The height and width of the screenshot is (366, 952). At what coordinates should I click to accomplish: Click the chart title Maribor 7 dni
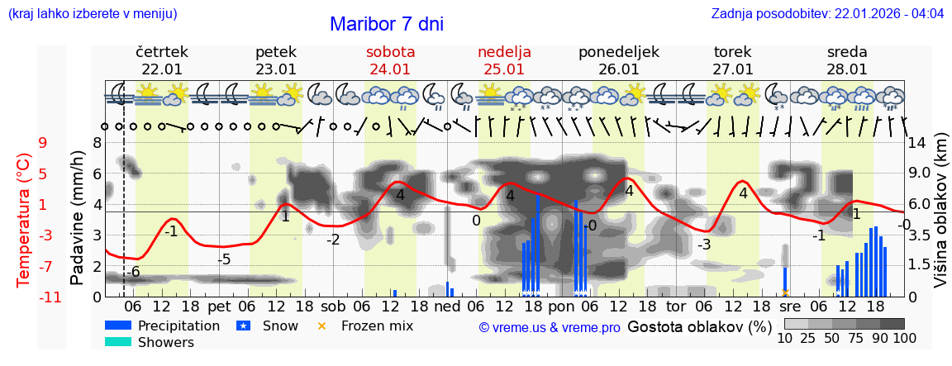[x=386, y=24]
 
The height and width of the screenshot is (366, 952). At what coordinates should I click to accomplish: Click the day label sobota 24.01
[x=390, y=60]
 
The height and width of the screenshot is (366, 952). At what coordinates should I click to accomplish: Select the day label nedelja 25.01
[x=504, y=60]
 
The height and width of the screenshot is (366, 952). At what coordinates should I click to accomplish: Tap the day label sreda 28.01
[x=847, y=60]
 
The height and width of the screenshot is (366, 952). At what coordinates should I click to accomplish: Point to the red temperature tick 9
[x=43, y=142]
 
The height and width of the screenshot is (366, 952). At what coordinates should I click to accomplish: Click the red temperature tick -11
[x=50, y=297]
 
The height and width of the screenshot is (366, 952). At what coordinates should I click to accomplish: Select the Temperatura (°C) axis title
[x=24, y=220]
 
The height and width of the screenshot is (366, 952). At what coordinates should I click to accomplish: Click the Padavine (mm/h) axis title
[x=78, y=218]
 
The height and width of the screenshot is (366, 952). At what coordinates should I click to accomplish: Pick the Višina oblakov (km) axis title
[x=940, y=218]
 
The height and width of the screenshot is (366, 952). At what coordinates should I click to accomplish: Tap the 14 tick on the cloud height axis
[x=919, y=142]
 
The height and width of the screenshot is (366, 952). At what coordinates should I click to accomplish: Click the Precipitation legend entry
[x=178, y=326]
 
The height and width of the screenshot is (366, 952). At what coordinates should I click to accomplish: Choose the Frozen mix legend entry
[x=377, y=326]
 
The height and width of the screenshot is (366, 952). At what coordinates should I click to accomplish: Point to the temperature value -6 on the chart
[x=133, y=273]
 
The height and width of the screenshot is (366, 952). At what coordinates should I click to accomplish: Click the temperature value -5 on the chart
[x=223, y=259]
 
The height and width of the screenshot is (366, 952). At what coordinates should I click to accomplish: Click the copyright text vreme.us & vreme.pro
[x=550, y=328]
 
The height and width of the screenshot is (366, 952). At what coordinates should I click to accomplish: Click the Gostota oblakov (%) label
[x=700, y=326]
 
